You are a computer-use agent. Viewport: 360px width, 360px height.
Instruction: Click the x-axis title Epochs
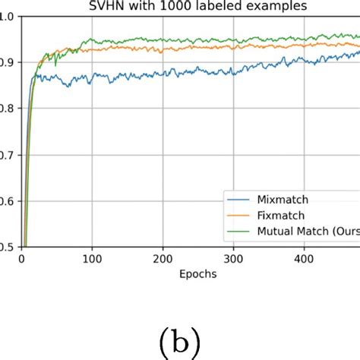tap(197, 274)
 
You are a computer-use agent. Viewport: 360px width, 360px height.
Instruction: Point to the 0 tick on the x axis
tap(21, 259)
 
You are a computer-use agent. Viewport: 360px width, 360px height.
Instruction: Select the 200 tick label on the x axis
tap(162, 259)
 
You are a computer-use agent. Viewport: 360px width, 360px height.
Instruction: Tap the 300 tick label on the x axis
tap(233, 259)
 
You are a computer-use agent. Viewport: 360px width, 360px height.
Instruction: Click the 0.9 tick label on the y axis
tap(7, 62)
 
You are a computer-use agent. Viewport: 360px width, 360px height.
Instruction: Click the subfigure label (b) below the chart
tap(179, 343)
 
